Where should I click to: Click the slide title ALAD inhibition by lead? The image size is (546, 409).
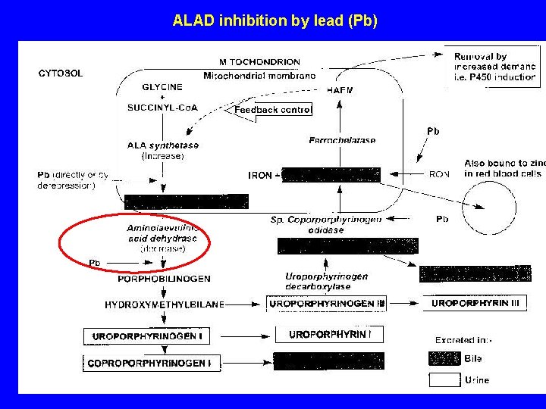point(275,20)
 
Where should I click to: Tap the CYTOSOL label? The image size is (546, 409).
point(61,73)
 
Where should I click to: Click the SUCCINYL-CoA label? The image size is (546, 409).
point(162,108)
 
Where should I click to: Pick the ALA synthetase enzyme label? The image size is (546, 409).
point(163,145)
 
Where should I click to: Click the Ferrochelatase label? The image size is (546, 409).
point(342,140)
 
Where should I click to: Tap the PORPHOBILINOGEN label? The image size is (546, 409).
point(164,279)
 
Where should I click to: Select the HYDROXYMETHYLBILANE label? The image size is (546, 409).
point(165,304)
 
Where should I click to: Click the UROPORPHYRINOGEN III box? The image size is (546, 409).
point(327,304)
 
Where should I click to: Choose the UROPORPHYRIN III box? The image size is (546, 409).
point(475,304)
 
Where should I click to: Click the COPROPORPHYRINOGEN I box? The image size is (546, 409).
point(152,364)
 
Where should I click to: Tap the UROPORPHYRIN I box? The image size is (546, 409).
point(330,334)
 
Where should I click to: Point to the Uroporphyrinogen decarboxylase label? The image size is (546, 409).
point(327,281)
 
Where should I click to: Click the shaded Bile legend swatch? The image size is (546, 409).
point(444,358)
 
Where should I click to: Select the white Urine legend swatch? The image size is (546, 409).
point(444,379)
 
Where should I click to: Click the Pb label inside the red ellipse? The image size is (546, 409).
point(95,263)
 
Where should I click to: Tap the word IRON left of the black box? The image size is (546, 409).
point(260,175)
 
